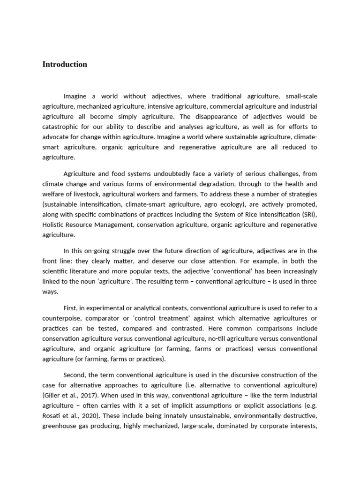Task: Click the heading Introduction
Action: (x=65, y=65)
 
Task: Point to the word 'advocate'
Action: (x=57, y=137)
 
